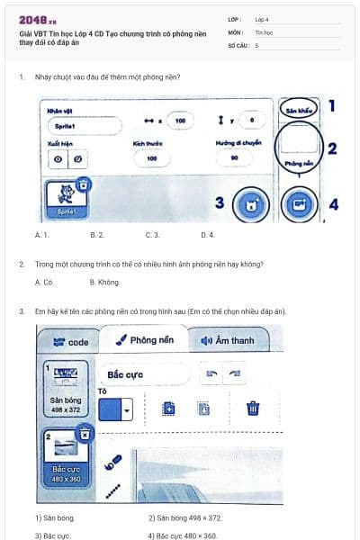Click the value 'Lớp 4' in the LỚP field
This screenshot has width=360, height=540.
point(262,19)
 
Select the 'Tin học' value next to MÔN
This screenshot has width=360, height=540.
point(263,31)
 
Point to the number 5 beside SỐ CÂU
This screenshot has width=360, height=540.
point(256,44)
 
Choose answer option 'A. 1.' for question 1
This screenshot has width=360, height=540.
point(41,235)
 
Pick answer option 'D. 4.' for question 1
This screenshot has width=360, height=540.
point(207,235)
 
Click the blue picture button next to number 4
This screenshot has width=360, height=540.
point(299,204)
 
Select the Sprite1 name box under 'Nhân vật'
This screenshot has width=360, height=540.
point(81,127)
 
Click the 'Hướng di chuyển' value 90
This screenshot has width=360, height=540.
point(234,157)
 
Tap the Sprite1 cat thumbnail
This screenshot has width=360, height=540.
point(66,196)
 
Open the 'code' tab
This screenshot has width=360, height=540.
point(71,342)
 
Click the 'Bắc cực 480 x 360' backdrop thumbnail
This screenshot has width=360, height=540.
point(67,456)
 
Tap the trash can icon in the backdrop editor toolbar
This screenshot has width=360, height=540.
point(253,408)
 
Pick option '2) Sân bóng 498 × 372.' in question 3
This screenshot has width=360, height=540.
point(184,518)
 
